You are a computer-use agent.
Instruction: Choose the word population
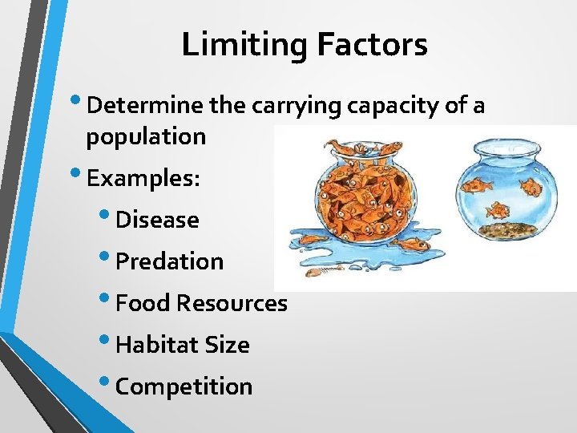point(146,136)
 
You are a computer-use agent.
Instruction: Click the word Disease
point(157,220)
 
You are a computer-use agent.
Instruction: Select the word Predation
point(169,261)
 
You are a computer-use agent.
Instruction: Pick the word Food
point(143,303)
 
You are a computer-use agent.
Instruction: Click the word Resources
point(232,303)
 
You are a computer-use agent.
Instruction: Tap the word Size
point(228,345)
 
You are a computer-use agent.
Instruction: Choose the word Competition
point(184,386)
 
